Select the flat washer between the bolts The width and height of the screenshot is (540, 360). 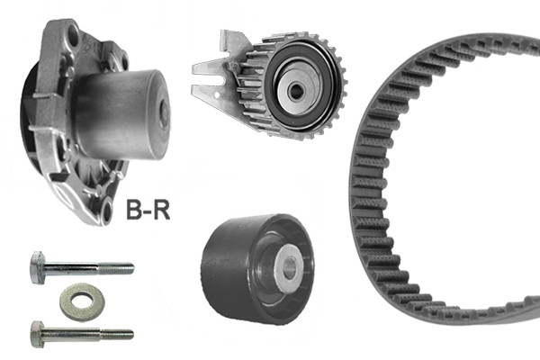(78, 301)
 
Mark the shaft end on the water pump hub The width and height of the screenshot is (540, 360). (164, 112)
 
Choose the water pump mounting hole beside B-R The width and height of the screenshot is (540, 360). (107, 212)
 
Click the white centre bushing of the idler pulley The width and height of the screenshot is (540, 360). (290, 264)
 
